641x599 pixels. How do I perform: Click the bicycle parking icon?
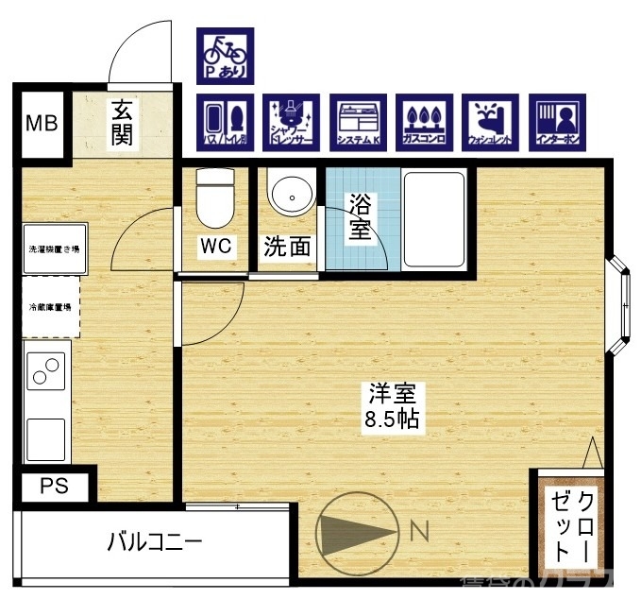click(225, 55)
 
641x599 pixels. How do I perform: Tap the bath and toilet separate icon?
click(225, 122)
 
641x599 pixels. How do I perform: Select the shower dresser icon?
click(292, 122)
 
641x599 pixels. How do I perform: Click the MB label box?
click(41, 123)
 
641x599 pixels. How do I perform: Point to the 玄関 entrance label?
click(121, 123)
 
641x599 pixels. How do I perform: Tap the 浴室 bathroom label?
click(359, 216)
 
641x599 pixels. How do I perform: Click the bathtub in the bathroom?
click(432, 218)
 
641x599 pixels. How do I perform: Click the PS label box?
click(54, 487)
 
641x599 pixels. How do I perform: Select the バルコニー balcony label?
click(154, 542)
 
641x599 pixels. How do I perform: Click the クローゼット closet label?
click(574, 525)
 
